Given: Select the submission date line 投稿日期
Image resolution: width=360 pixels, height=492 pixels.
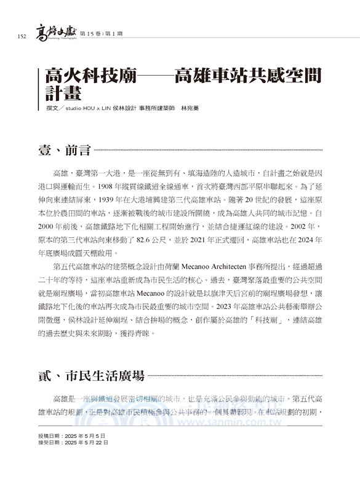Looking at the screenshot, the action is click(72, 435).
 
